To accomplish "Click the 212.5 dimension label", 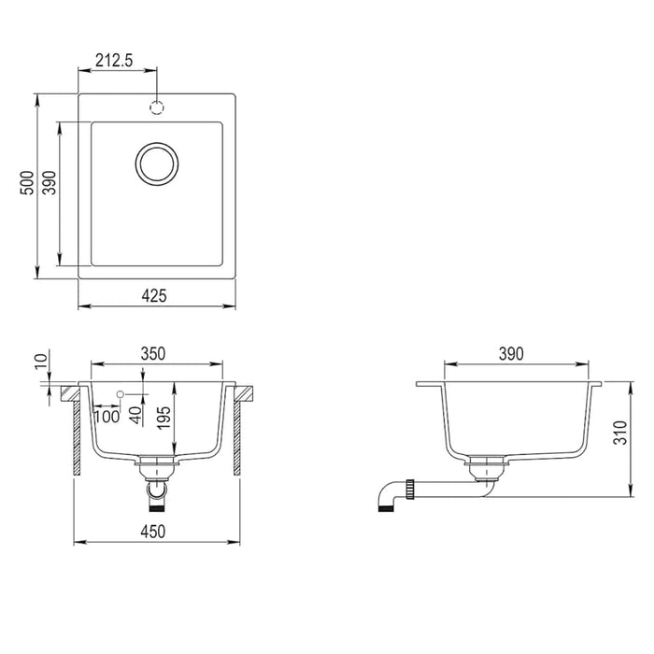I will point(114,62).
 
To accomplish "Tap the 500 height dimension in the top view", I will point(28,180).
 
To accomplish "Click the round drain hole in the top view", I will point(155,164).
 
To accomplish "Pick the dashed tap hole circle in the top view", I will point(156,107).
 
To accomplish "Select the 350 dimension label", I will point(153,353).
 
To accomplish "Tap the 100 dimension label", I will point(107,417).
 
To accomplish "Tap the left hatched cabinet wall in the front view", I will point(75,434).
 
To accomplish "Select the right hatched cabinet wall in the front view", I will point(236,434).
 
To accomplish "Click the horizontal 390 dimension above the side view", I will point(510,353).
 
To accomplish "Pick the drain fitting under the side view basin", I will point(486,464).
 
